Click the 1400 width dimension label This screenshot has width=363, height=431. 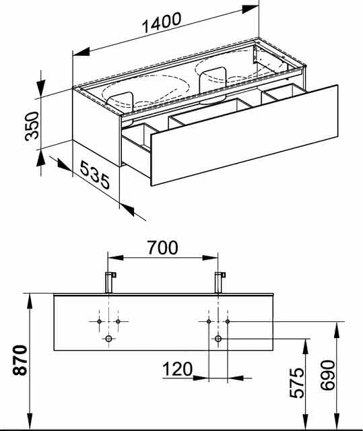(x=162, y=22)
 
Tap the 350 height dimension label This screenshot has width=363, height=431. (x=32, y=126)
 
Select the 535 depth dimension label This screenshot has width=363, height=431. (x=95, y=175)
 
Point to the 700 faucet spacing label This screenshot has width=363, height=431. (x=163, y=247)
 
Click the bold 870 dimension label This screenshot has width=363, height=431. (x=20, y=360)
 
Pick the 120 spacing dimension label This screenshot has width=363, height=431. (x=178, y=369)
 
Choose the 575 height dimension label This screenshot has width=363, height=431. (x=297, y=383)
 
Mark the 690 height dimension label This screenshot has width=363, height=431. (x=328, y=375)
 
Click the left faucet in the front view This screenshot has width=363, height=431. (x=110, y=282)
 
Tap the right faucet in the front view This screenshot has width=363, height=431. (x=220, y=282)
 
